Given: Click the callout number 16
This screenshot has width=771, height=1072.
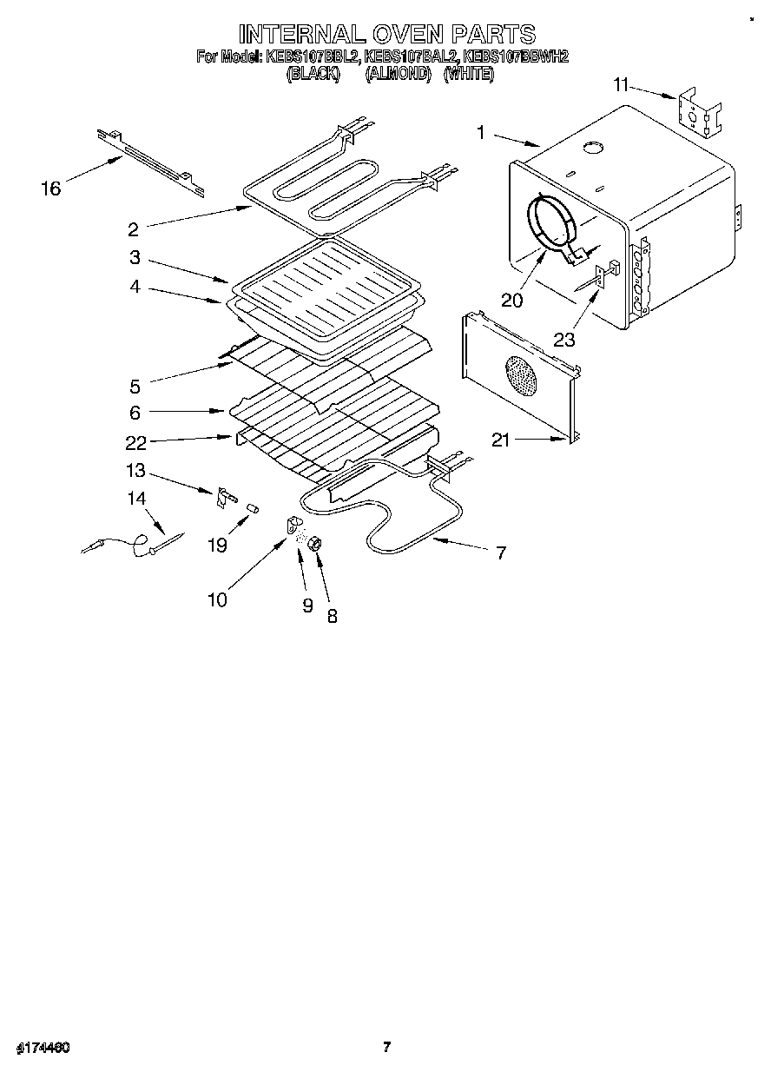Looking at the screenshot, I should tap(51, 188).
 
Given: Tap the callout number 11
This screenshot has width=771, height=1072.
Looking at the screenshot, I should tap(619, 85).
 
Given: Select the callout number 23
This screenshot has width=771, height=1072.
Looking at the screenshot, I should tap(564, 340).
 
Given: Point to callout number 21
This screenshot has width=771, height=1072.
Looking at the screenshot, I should tap(501, 440).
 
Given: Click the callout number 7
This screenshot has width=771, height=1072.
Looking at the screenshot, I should tap(500, 552).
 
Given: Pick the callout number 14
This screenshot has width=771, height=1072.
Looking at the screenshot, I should tap(136, 499).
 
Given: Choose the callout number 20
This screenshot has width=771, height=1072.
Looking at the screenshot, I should tap(513, 300).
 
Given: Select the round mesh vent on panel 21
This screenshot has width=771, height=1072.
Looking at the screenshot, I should tap(521, 377).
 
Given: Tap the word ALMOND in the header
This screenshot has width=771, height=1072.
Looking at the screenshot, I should tap(399, 75).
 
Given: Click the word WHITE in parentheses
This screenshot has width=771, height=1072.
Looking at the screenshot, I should tap(469, 75).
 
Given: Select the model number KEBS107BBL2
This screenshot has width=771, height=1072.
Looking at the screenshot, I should tap(313, 57).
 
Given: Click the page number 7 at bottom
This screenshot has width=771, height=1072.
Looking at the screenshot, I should tap(386, 1047).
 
